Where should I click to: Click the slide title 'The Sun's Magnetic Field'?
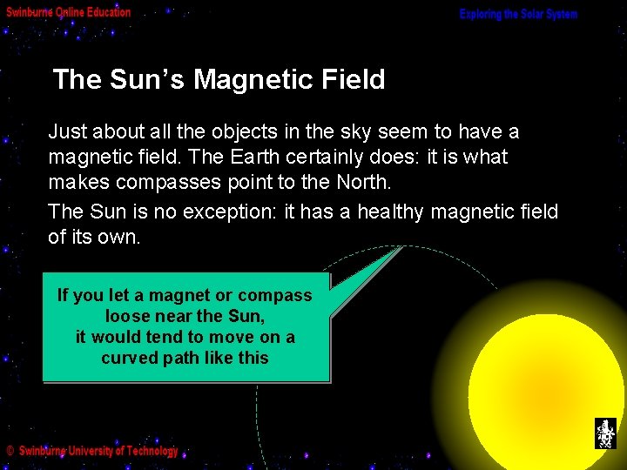coord(219,80)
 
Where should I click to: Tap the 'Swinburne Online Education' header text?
coord(68,12)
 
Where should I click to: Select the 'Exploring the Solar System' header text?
coord(519,15)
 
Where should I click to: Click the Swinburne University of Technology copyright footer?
coord(92,451)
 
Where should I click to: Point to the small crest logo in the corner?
coord(604,433)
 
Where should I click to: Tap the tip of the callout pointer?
coord(402,247)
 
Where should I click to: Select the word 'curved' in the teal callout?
coord(129,358)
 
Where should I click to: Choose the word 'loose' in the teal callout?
coord(128,316)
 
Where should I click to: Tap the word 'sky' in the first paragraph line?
coord(356,131)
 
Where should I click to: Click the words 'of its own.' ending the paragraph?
coord(94,238)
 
